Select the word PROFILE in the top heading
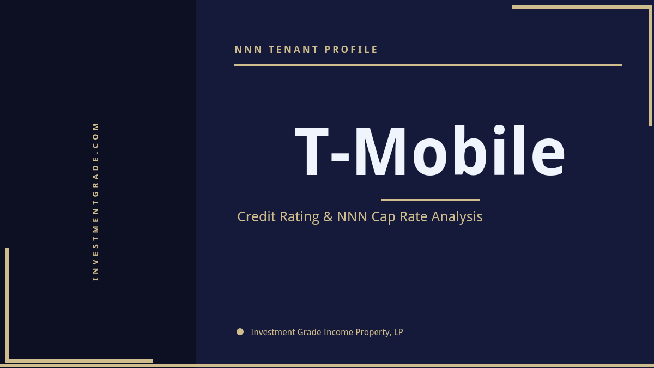(352, 50)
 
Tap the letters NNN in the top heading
(249, 50)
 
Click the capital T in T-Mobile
(312, 151)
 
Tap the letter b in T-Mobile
(476, 151)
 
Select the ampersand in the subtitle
(328, 216)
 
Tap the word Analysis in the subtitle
(457, 217)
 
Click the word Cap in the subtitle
(384, 217)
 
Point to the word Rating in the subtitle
(299, 217)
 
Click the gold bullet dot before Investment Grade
(240, 331)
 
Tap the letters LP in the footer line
(398, 332)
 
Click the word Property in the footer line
(373, 333)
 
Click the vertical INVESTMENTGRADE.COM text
(96, 201)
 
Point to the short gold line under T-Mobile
(431, 200)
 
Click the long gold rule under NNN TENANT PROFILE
(428, 65)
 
